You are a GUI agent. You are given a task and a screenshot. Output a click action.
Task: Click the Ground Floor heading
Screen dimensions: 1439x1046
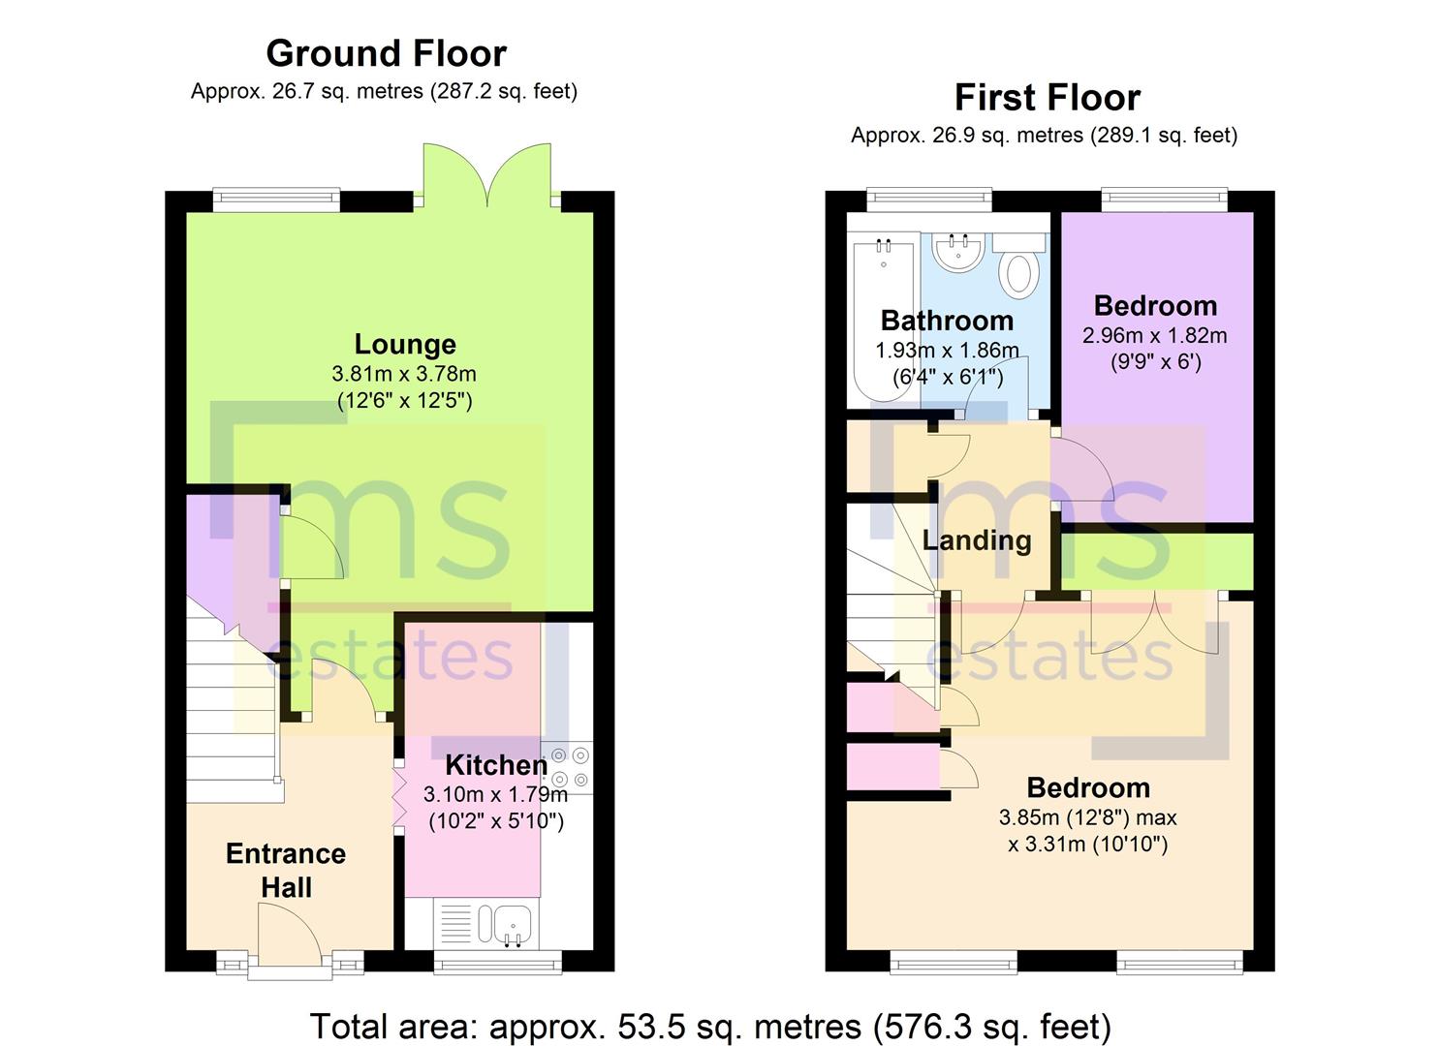coord(386,53)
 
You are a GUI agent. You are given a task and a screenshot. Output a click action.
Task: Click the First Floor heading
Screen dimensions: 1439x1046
coord(1048,98)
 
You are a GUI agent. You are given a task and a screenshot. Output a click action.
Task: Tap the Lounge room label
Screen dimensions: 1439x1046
coord(405,344)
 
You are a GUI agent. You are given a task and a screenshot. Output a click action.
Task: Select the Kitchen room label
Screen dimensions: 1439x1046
coord(496,765)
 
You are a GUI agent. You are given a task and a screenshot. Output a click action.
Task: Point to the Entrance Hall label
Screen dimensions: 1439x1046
coord(286,871)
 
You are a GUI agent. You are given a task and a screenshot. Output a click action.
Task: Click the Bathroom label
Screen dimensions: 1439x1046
coord(947,321)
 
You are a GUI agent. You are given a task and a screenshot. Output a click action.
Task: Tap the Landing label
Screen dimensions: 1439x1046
coord(977,540)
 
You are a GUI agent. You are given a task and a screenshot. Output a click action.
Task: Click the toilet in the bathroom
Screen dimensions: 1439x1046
coord(1018,264)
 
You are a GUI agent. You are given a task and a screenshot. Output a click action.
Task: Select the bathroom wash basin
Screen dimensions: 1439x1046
coord(957,253)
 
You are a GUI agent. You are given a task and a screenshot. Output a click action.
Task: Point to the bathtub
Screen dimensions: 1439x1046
coord(884,321)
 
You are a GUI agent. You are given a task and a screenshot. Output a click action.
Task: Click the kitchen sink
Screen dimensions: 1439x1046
coord(504,925)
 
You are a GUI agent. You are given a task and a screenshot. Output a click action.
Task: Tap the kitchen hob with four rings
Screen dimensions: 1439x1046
coord(569,767)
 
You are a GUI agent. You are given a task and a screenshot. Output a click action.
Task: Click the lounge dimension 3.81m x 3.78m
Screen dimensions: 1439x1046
coord(404,373)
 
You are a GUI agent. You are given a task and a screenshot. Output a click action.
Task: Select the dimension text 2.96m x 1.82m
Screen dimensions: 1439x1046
coord(1155,335)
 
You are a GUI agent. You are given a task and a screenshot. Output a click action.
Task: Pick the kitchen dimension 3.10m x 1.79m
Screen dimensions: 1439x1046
coord(495,795)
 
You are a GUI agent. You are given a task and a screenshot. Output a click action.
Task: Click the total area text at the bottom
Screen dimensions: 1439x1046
coord(710,1026)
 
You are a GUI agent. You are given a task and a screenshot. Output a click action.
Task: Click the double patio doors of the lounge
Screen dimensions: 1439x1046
coord(487,174)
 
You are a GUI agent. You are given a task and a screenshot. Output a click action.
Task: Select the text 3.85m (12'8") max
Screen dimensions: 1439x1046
coord(1087,817)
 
